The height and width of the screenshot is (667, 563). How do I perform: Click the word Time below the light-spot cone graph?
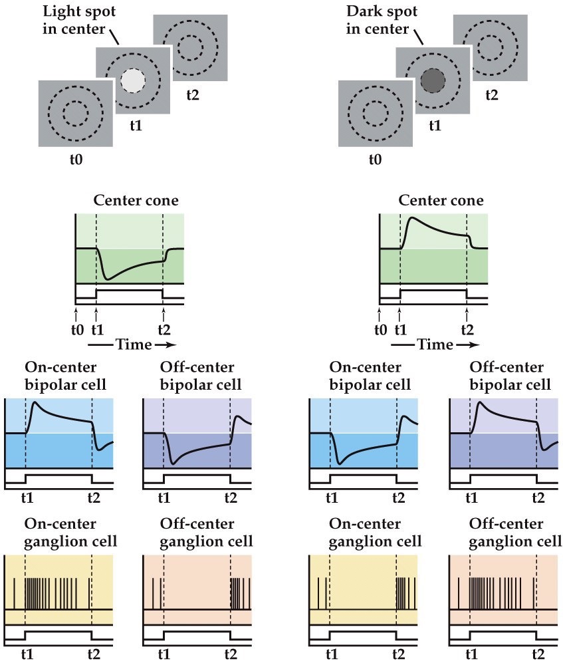(133, 344)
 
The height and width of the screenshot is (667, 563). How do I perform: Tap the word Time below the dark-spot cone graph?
(435, 344)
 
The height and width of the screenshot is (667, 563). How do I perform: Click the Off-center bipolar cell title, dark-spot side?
(509, 376)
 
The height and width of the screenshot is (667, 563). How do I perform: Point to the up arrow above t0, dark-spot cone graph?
(380, 311)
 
